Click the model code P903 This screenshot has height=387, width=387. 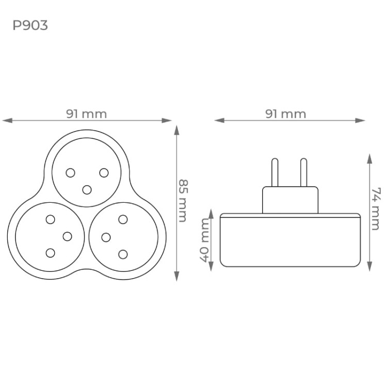(30, 25)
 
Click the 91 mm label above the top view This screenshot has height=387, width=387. (86, 114)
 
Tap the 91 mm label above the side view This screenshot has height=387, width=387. (286, 114)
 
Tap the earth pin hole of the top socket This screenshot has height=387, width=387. (87, 189)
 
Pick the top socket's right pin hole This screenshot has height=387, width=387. (104, 172)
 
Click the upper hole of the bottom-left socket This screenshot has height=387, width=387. (50, 219)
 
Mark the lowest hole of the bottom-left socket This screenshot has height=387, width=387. (50, 253)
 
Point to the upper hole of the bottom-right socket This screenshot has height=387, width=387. (123, 219)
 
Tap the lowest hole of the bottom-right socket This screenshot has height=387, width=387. (123, 253)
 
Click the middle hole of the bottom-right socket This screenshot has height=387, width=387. (106, 237)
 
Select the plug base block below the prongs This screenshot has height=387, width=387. (289, 200)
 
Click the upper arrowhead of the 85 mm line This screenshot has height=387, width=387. (177, 129)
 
